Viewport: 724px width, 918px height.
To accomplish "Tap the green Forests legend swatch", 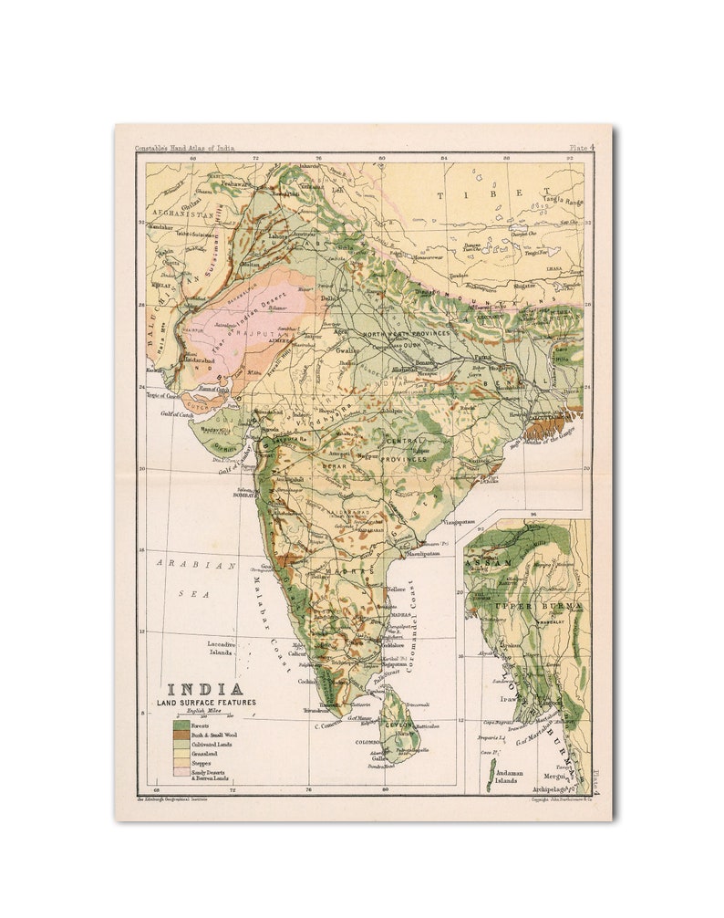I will click(180, 725).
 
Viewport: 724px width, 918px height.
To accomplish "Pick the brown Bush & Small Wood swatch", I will click(180, 735).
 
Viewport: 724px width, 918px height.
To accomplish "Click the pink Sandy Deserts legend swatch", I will click(180, 774).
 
